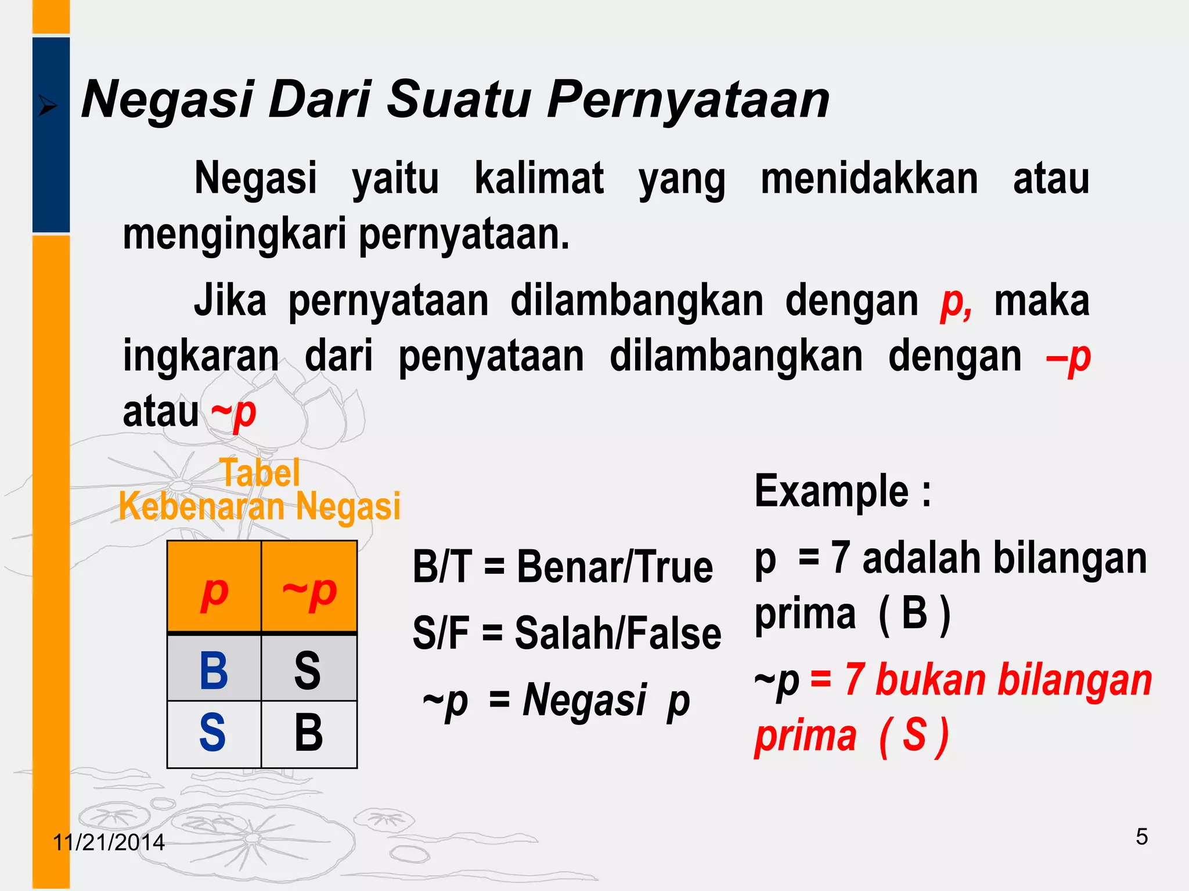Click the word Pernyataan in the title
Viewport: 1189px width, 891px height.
[x=688, y=100]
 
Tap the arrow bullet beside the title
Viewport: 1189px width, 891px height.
[x=48, y=107]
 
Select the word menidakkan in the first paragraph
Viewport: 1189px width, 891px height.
[x=869, y=179]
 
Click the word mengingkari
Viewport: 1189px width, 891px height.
[x=235, y=234]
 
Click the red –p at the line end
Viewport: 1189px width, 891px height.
[x=1068, y=357]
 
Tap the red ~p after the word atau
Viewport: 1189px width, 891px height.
[x=233, y=412]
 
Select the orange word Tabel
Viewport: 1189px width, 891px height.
[x=260, y=472]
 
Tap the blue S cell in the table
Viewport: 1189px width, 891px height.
[x=212, y=733]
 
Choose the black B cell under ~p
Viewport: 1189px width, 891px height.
[x=308, y=733]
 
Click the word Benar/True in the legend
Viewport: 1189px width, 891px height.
[x=614, y=567]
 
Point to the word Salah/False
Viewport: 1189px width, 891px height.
[x=618, y=633]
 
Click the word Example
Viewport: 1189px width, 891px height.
[x=831, y=491]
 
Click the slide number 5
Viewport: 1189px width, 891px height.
[x=1141, y=837]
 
